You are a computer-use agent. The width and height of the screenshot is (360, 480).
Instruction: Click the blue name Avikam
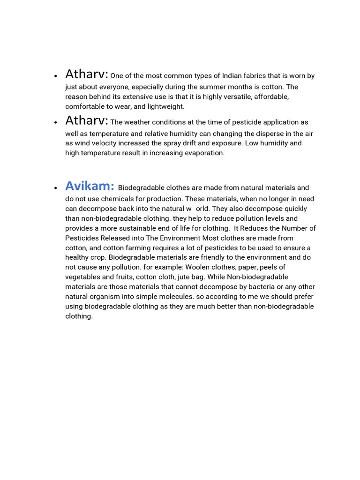pos(90,186)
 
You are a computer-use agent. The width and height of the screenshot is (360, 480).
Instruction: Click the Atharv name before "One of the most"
pos(87,74)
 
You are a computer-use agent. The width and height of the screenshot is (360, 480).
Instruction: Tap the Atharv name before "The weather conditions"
pos(87,120)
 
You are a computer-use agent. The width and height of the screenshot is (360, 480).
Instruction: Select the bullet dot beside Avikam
pos(55,187)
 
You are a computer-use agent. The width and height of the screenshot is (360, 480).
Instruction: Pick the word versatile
pos(233,97)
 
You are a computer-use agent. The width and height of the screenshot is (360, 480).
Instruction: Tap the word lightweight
pos(166,106)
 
